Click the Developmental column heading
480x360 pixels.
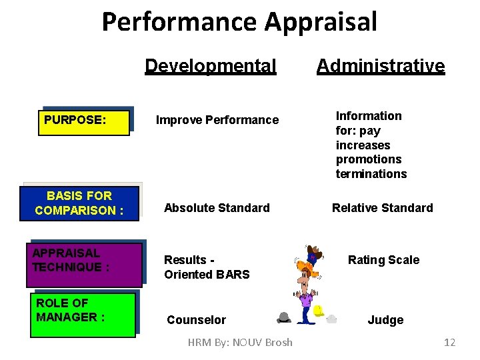[x=210, y=66]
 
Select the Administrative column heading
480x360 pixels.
[x=381, y=66]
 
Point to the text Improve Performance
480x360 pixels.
[x=217, y=120]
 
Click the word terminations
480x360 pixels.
[x=371, y=174]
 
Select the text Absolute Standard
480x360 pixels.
[x=217, y=208]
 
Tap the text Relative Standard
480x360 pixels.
[x=383, y=208]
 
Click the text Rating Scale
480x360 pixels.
[x=384, y=260]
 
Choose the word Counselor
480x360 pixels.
[x=196, y=320]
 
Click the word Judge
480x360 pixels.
[x=385, y=320]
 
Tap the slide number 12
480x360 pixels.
[x=449, y=342]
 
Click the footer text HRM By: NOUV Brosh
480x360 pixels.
[x=240, y=342]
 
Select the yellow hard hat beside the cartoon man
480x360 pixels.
[x=319, y=311]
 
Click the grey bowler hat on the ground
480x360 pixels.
[x=283, y=318]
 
